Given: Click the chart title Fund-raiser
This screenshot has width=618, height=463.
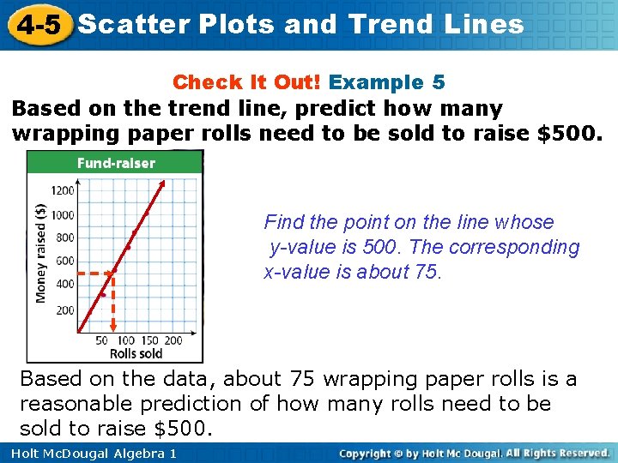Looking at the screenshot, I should (x=116, y=163).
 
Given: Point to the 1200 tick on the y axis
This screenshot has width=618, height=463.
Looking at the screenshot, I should (x=64, y=191).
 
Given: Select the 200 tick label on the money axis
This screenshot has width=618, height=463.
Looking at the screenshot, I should (x=65, y=310).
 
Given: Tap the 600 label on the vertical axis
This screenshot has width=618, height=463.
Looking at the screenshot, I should (x=65, y=262).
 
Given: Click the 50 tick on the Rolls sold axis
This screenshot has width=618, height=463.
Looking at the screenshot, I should (x=101, y=340).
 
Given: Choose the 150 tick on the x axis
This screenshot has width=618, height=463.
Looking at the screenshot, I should (x=150, y=340).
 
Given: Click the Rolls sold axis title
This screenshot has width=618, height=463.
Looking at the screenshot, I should (x=136, y=353).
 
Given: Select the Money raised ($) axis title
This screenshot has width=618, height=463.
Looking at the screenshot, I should (x=41, y=253).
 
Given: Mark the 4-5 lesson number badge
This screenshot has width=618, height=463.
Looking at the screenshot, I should (x=37, y=25).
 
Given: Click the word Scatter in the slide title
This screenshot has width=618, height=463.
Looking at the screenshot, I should (x=133, y=24).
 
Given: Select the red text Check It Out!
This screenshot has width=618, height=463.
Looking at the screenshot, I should (x=247, y=82).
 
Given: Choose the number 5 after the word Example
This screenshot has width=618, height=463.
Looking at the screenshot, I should (x=439, y=82).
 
